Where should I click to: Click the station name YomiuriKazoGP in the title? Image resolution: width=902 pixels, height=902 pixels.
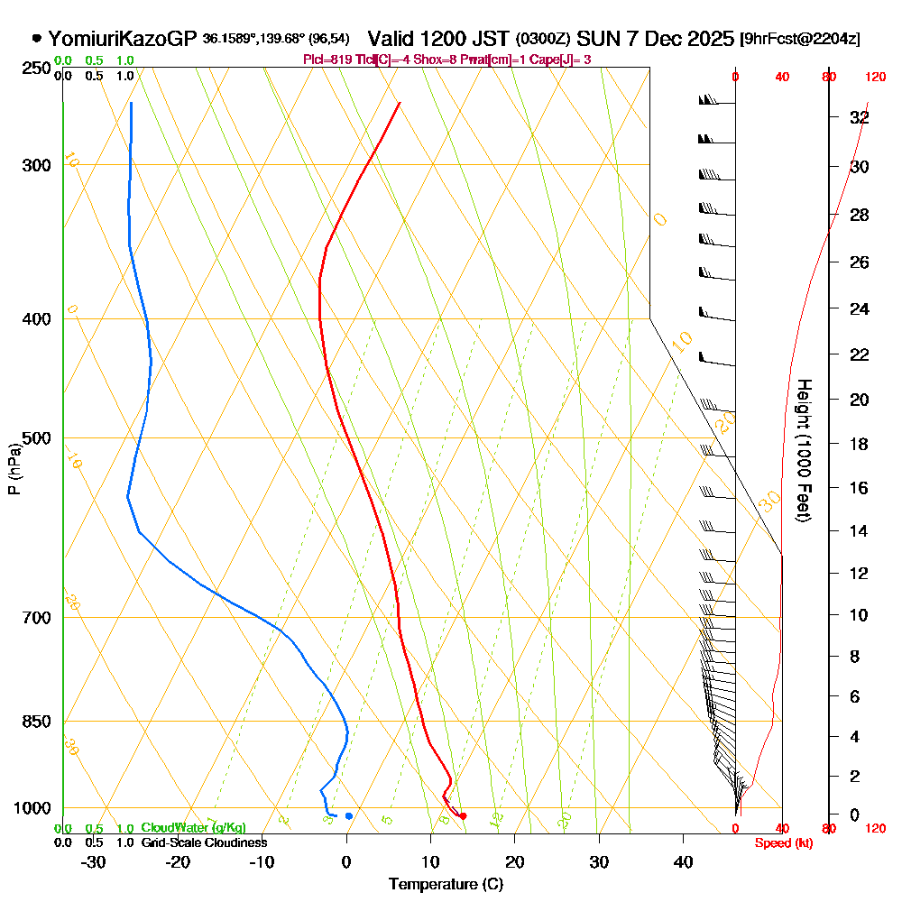pyautogui.click(x=122, y=39)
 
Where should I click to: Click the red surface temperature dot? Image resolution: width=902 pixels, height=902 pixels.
pyautogui.click(x=463, y=816)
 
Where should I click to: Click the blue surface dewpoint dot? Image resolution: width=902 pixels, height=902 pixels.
pyautogui.click(x=349, y=816)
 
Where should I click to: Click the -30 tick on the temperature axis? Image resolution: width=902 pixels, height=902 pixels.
pyautogui.click(x=93, y=861)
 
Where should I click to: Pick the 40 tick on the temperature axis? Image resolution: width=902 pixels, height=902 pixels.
pyautogui.click(x=683, y=861)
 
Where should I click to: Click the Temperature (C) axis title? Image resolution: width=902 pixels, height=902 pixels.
pyautogui.click(x=446, y=885)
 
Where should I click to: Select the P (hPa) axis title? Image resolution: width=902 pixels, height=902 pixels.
pyautogui.click(x=14, y=469)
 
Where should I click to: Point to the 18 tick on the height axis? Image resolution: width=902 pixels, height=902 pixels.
pyautogui.click(x=860, y=444)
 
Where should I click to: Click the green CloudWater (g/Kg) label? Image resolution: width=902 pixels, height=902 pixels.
pyautogui.click(x=193, y=828)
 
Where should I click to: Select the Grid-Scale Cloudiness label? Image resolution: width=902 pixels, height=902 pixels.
pyautogui.click(x=204, y=842)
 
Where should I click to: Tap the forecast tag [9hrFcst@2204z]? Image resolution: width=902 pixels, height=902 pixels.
pyautogui.click(x=799, y=40)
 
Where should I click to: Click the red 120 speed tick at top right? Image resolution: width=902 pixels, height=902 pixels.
pyautogui.click(x=874, y=77)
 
